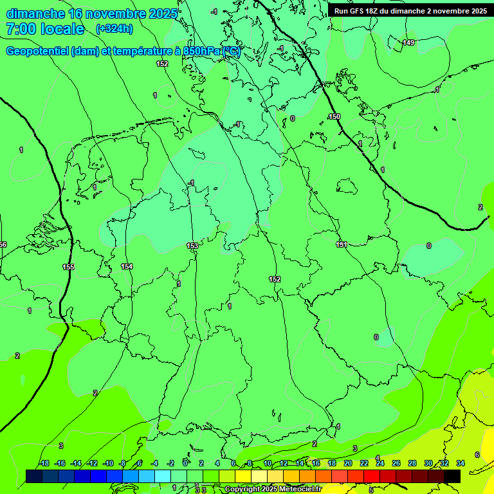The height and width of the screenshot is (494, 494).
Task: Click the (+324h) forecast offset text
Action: tap(114, 28)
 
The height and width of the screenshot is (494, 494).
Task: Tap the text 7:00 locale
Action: tap(45, 29)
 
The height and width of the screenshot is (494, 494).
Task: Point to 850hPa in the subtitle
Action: tap(200, 51)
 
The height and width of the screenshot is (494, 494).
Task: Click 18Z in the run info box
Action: tap(373, 11)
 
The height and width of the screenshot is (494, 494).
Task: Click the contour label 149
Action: tap(408, 42)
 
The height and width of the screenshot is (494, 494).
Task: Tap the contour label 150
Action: tap(334, 116)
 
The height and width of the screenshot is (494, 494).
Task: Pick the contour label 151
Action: tap(342, 244)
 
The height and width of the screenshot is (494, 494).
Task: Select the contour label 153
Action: tap(192, 246)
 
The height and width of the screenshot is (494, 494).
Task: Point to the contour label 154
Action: tap(127, 266)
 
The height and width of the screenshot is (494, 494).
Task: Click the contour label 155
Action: tap(68, 266)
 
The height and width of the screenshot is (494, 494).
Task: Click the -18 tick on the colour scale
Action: tap(44, 463)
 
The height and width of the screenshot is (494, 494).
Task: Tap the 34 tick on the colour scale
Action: tap(461, 463)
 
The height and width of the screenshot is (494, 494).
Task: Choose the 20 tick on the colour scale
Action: tap(348, 463)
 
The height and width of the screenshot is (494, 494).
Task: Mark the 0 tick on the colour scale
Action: tap(185, 463)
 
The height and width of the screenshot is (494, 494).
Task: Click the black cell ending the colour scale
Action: tap(452, 476)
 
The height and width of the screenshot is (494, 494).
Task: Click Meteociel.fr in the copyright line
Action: tap(299, 489)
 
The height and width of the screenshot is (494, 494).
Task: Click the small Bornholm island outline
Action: tap(347, 187)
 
